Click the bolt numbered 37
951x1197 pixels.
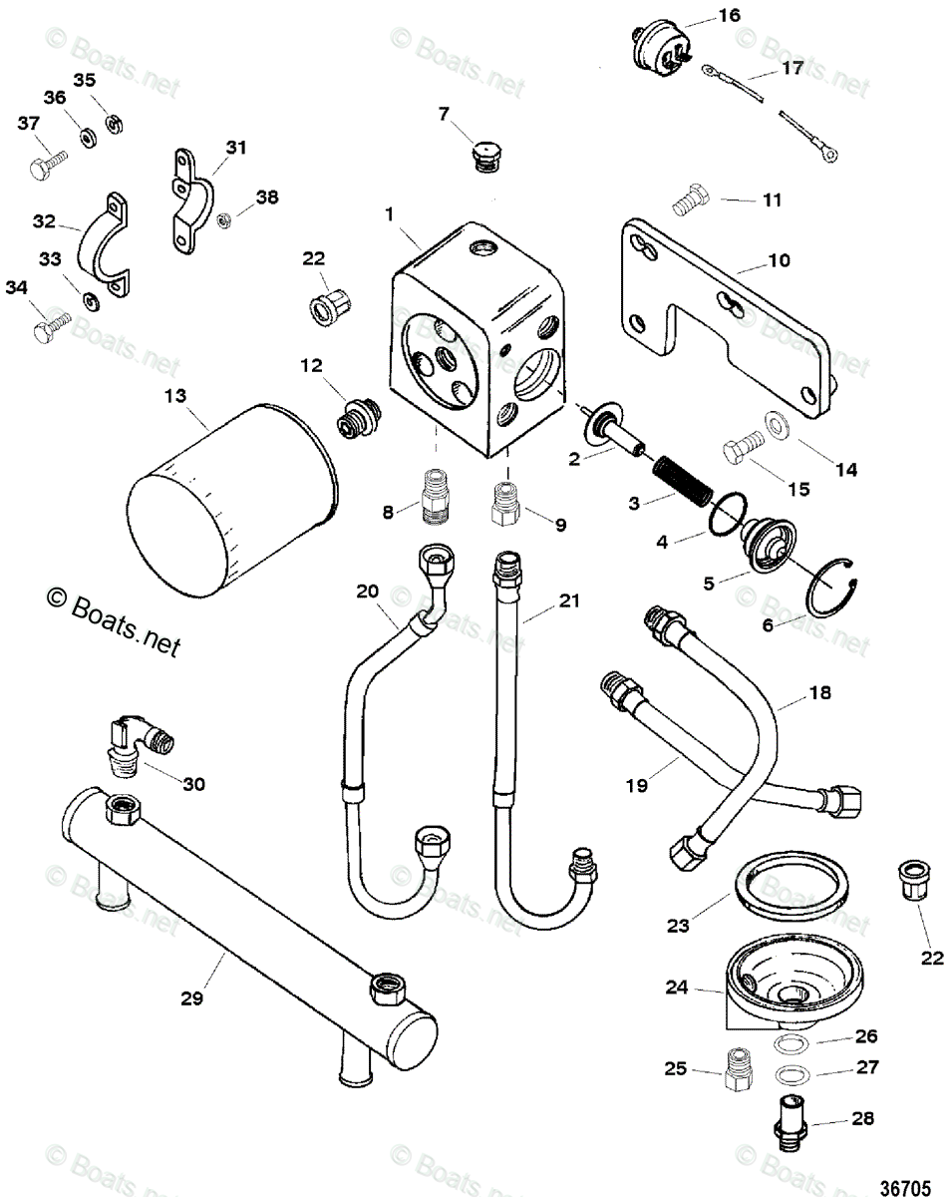[x=44, y=164]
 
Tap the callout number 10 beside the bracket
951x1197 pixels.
[x=779, y=260]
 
